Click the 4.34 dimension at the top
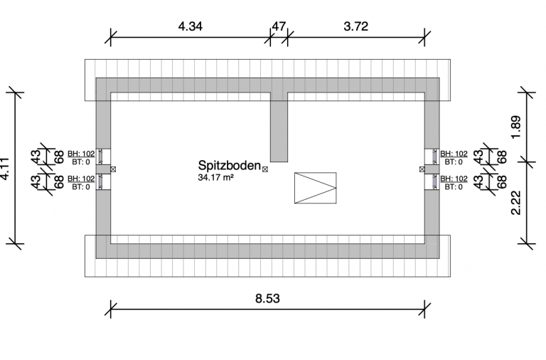pos(190,26)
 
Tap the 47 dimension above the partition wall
pos(279,26)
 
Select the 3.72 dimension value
pos(356,26)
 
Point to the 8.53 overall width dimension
pos(267,298)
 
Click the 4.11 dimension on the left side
pos(6,169)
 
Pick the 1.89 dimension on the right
pos(516,127)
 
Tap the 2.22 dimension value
pos(516,203)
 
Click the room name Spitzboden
pos(230,166)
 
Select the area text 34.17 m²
pos(215,177)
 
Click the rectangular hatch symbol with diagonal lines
pos(316,188)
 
